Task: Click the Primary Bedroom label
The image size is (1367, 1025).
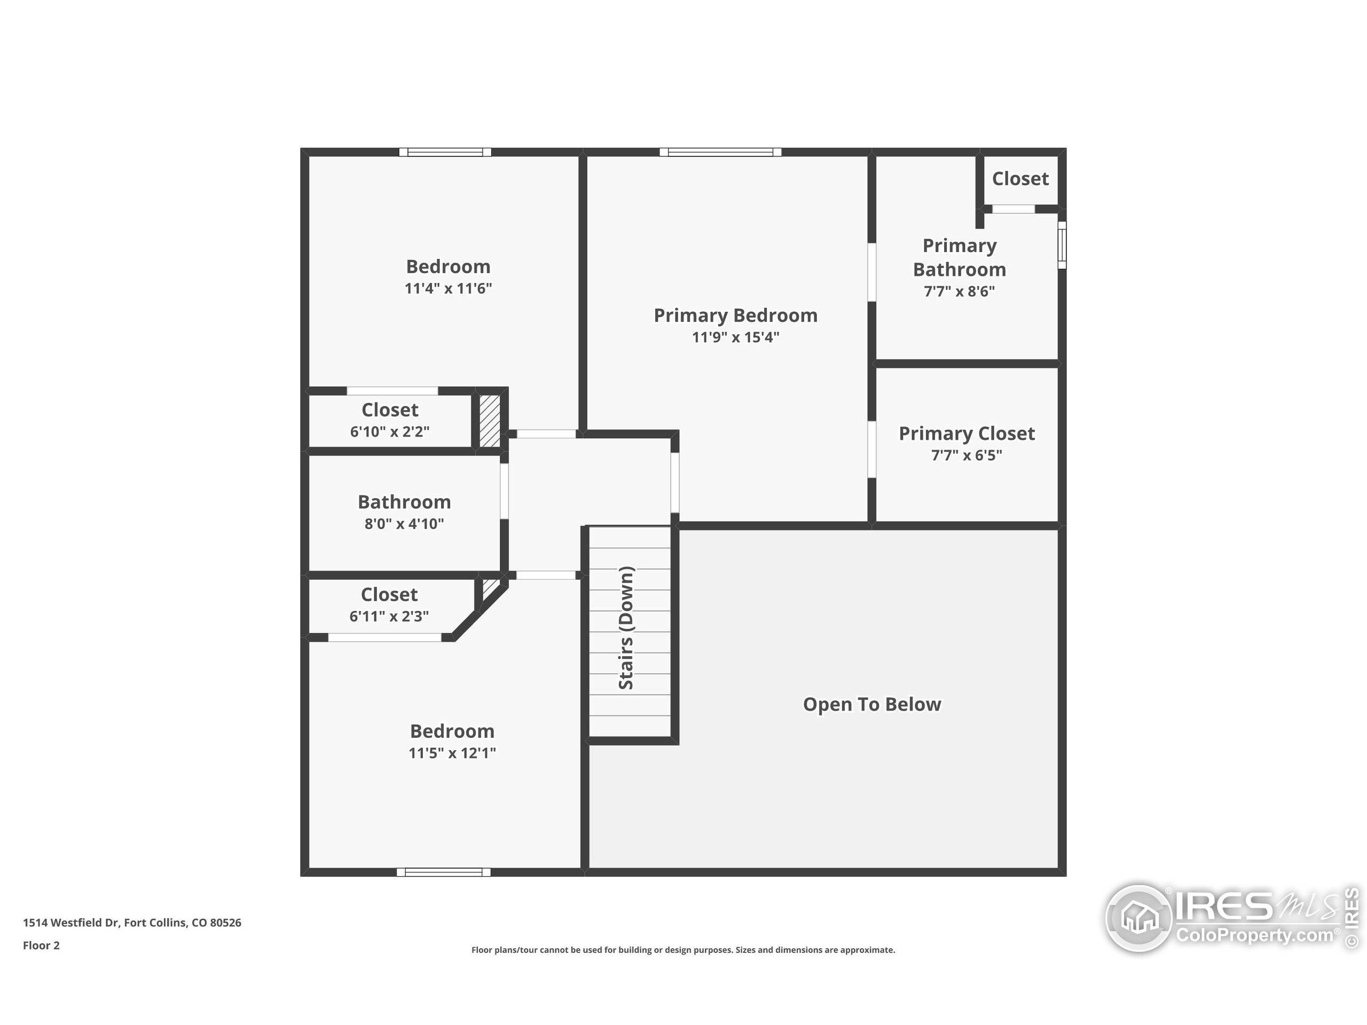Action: coord(735,316)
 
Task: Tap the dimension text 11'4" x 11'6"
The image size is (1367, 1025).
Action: coord(448,288)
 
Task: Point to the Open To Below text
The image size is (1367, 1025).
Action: coord(871,704)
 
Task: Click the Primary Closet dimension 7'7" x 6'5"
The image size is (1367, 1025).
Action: coord(967,455)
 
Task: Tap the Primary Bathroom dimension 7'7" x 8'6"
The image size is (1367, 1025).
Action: coord(959,291)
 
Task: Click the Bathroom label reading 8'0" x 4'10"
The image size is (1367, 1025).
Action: coord(404,524)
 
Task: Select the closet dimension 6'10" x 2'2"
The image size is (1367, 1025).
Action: coord(389,431)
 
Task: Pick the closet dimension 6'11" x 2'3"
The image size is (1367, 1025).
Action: coord(389,616)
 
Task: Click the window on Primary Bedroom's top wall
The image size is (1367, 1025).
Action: coord(720,152)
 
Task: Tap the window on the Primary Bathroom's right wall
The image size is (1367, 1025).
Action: coord(1062,245)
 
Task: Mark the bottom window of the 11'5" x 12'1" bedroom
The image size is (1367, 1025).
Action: coord(443,872)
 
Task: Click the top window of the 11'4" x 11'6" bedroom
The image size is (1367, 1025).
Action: coord(445,152)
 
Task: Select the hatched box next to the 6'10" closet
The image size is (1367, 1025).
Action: coord(490,421)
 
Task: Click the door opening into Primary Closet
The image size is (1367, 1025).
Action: coord(871,449)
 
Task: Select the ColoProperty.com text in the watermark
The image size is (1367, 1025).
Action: coord(1254,935)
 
